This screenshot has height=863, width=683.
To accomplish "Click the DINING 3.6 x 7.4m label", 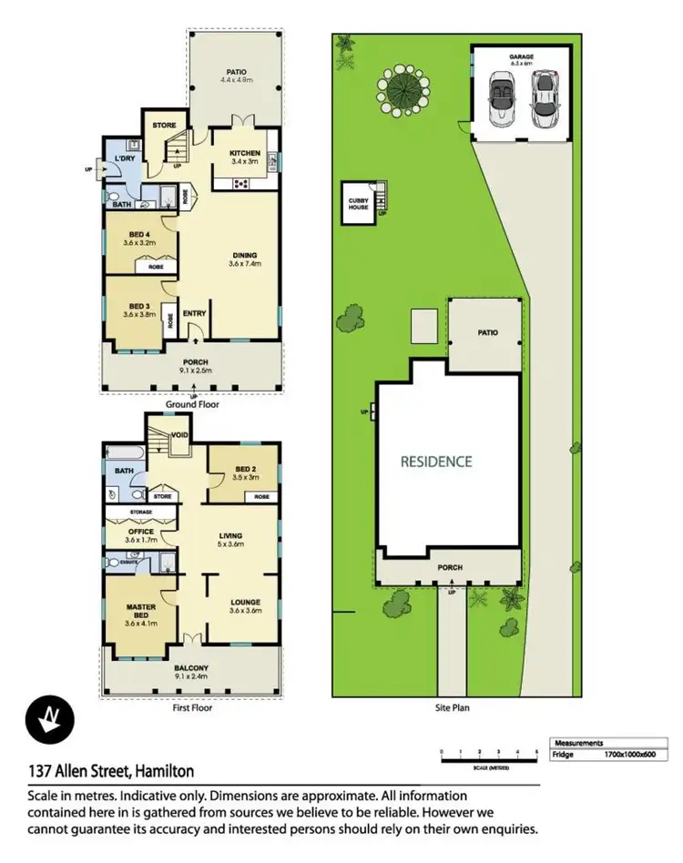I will (x=244, y=259).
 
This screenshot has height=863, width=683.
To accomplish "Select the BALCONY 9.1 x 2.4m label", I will (x=193, y=672).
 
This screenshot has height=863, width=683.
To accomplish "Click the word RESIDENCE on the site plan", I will (x=436, y=462).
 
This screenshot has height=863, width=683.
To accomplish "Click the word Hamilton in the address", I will (x=164, y=771).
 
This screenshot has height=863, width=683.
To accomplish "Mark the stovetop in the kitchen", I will (x=243, y=183).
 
